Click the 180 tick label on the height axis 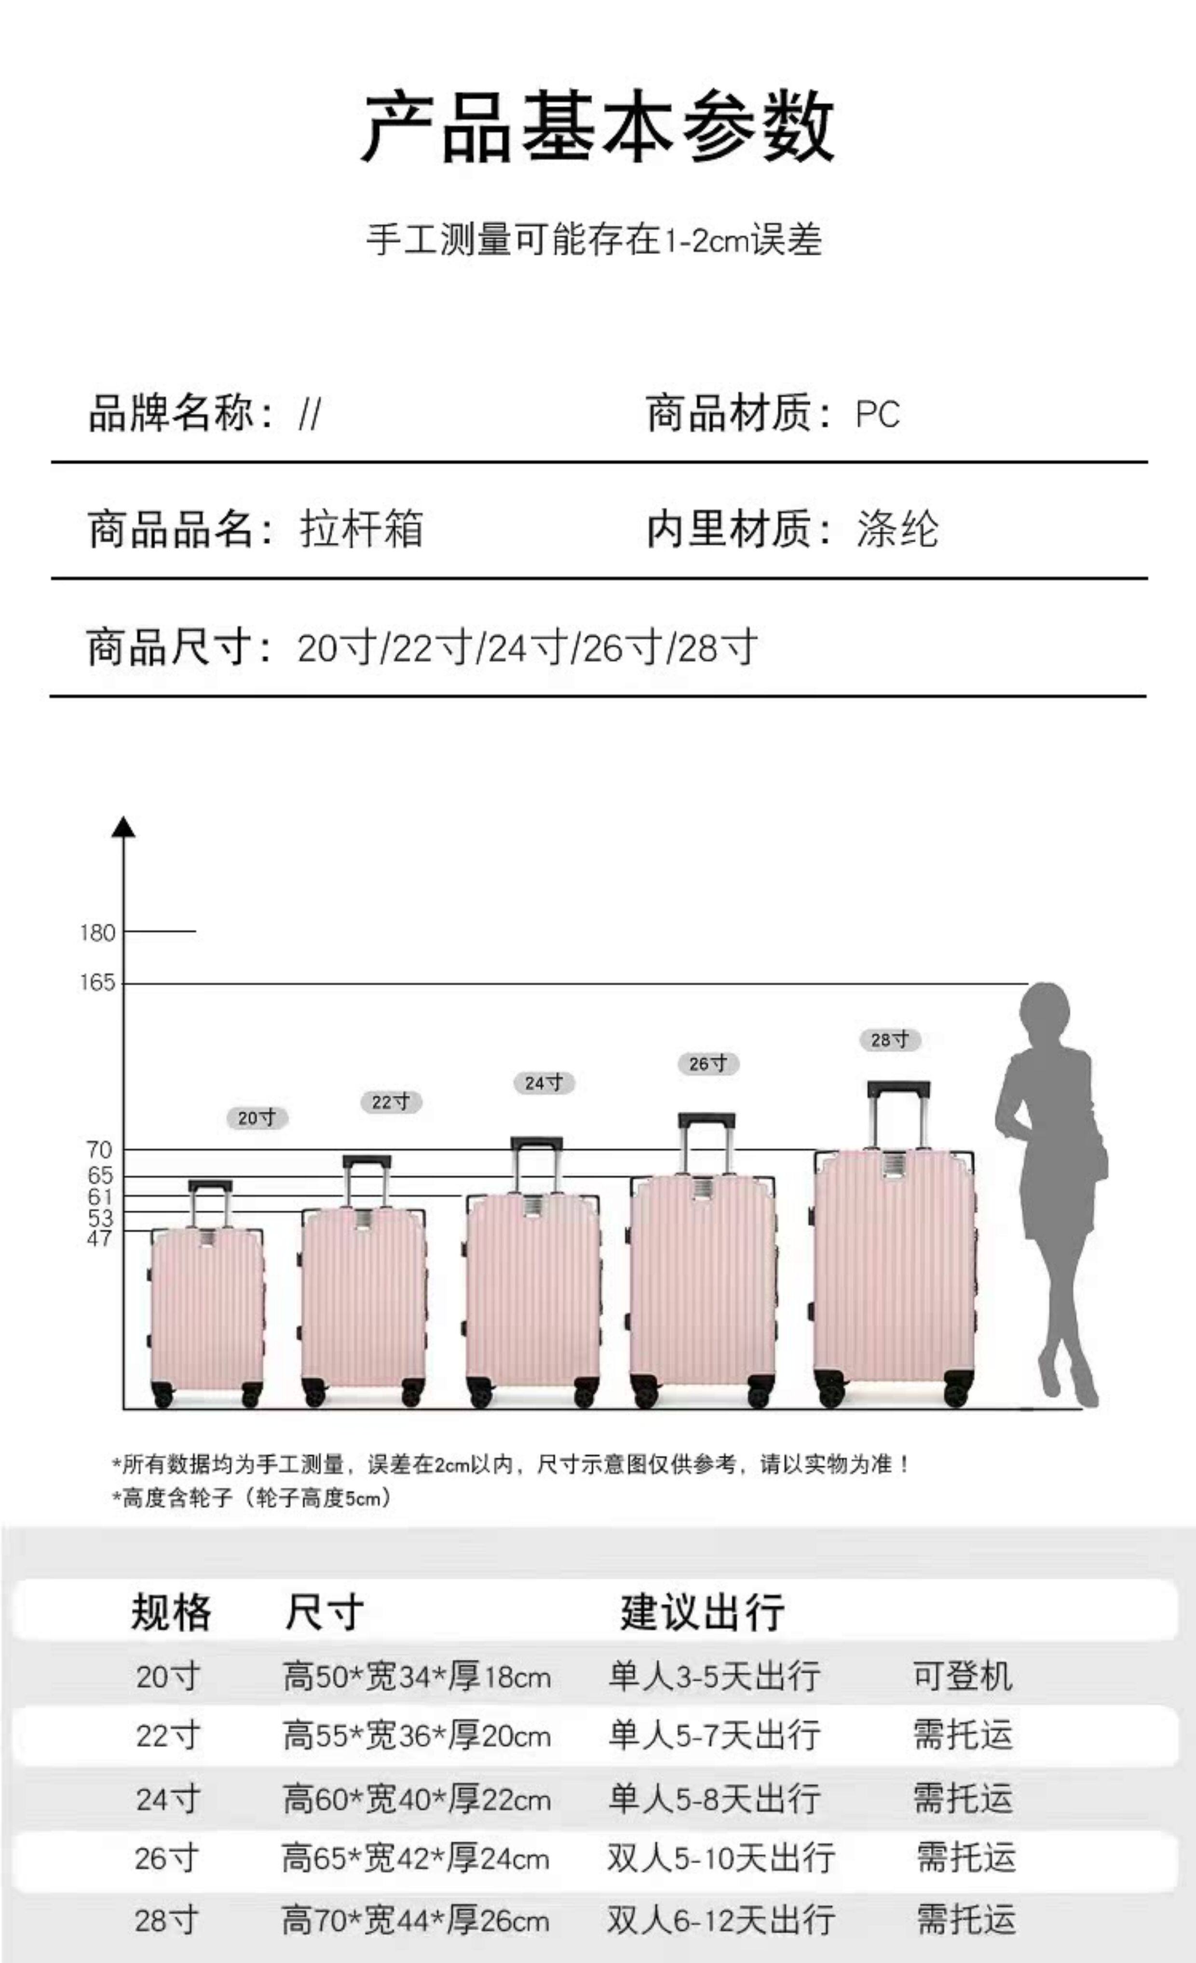point(97,932)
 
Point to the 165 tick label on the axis point(97,982)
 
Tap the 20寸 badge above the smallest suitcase point(257,1118)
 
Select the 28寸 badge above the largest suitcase point(889,1040)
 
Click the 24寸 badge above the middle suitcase point(544,1083)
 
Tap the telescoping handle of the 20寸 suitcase point(210,1203)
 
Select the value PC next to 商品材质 point(877,414)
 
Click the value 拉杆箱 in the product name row point(361,529)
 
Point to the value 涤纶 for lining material point(897,529)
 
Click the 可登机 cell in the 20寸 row point(963,1676)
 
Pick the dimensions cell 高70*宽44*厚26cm point(415,1920)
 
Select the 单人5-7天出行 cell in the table point(714,1735)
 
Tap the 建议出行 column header point(702,1612)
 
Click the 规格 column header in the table point(171,1612)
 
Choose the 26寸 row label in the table point(166,1859)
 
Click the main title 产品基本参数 point(598,127)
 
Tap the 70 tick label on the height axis point(100,1150)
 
